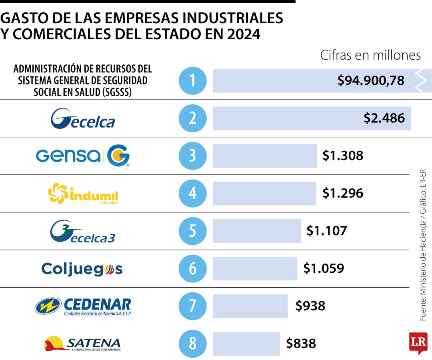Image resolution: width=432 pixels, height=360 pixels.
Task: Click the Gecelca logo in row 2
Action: click(83, 118)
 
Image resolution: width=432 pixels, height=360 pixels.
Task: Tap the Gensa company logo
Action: click(83, 156)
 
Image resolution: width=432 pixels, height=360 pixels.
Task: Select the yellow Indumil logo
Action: click(83, 194)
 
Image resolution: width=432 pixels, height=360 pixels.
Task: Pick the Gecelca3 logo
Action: click(83, 231)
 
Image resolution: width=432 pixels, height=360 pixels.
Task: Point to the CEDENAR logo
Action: click(83, 306)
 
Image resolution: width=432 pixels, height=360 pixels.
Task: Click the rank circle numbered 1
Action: click(192, 80)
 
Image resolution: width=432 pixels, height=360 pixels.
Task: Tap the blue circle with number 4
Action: click(192, 194)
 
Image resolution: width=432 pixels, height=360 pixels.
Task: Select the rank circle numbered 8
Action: click(192, 344)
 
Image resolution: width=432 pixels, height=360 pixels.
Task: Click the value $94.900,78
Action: click(371, 81)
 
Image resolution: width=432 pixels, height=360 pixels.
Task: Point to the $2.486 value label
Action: click(384, 118)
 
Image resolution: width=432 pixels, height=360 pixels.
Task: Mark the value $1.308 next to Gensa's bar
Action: click(343, 156)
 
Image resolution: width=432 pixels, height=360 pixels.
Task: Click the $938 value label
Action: click(310, 306)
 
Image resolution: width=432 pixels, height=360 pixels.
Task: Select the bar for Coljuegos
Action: click(255, 269)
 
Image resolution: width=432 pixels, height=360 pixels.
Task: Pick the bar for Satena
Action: click(246, 344)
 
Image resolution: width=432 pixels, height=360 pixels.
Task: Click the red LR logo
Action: click(418, 342)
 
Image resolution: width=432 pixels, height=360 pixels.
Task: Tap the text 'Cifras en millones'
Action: click(370, 55)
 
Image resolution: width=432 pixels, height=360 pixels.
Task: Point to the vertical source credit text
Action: click(423, 245)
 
